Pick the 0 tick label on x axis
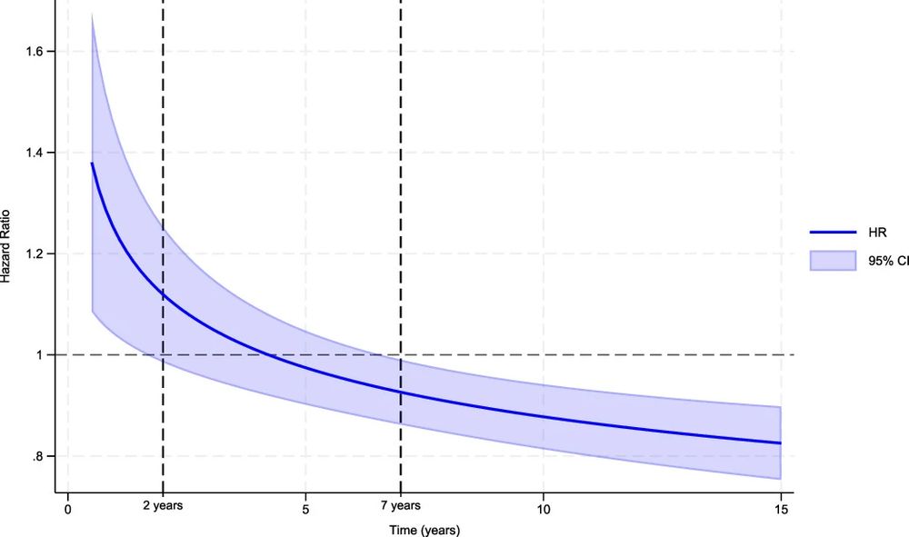pos(67,509)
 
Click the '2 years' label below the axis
pos(163,506)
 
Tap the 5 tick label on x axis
pos(305,509)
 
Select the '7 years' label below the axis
pos(400,506)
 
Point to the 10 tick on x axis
pos(543,509)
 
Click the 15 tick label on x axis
pos(780,509)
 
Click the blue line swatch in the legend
pos(833,232)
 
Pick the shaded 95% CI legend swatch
pos(833,261)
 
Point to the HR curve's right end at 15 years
pos(780,443)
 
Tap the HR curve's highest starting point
pos(92,164)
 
